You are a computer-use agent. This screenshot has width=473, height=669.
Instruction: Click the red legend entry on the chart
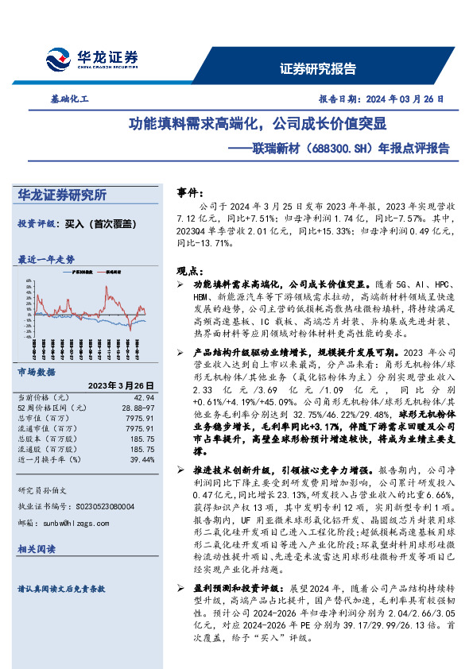116,271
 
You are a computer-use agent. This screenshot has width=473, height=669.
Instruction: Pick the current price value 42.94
143,396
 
